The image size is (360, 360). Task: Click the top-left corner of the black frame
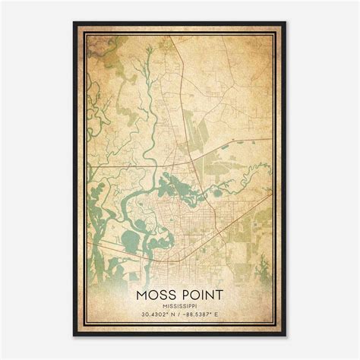click(74, 21)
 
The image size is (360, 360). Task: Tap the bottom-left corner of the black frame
click(74, 336)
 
